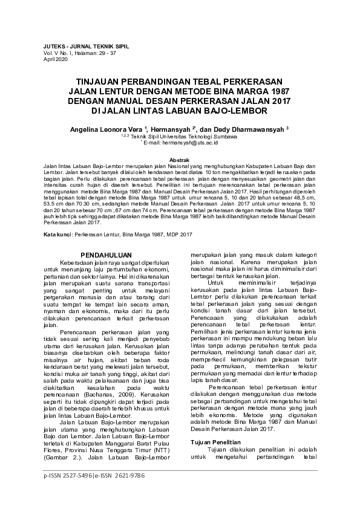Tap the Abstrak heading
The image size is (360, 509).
[x=180, y=159]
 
